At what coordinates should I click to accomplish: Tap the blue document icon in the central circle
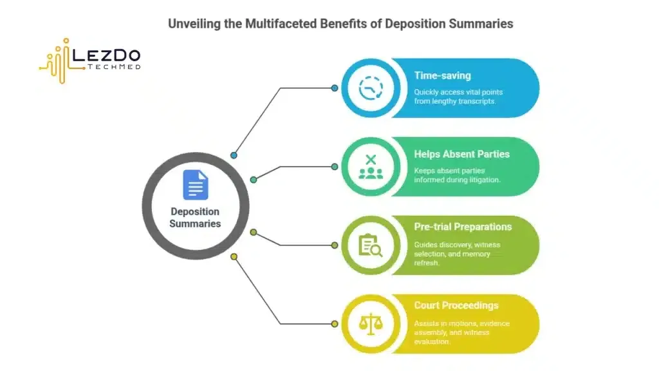pyautogui.click(x=195, y=184)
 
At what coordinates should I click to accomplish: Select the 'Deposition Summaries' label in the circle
pyautogui.click(x=195, y=218)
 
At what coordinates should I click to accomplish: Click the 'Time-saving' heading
pyautogui.click(x=442, y=76)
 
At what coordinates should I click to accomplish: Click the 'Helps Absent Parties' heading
pyautogui.click(x=461, y=155)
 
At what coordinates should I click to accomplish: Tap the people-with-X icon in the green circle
pyautogui.click(x=370, y=166)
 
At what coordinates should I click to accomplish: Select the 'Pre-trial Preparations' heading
pyautogui.click(x=463, y=227)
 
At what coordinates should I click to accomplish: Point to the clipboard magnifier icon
pyautogui.click(x=370, y=245)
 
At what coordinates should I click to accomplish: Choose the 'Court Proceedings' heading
pyautogui.click(x=456, y=305)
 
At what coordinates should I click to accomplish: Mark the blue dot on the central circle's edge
pyautogui.click(x=234, y=155)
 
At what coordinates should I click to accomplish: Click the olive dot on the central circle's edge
pyautogui.click(x=253, y=232)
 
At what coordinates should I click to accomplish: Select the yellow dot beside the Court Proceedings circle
pyautogui.click(x=335, y=323)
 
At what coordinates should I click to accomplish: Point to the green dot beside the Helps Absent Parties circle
pyautogui.click(x=335, y=166)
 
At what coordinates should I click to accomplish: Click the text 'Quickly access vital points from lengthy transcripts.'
pyautogui.click(x=454, y=97)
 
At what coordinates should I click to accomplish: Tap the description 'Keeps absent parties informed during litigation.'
pyautogui.click(x=457, y=175)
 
